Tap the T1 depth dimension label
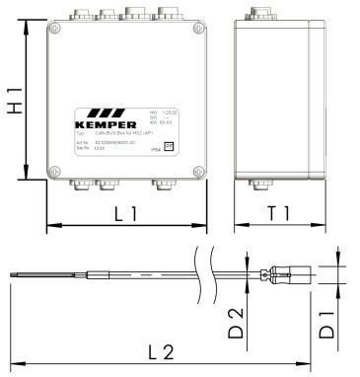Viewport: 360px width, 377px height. [278, 212]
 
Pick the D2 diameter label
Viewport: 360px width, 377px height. [235, 323]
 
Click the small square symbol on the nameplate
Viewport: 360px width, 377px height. [170, 144]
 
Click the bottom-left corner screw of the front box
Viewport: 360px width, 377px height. [57, 170]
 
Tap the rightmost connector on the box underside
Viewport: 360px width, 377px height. [160, 184]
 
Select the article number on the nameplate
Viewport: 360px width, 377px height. [108, 143]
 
